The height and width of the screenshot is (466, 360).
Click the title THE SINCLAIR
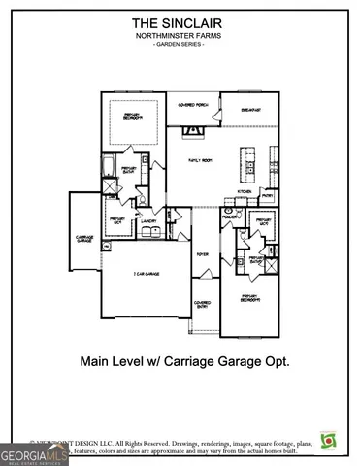pyautogui.click(x=180, y=21)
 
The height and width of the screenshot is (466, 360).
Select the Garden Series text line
pyautogui.click(x=180, y=45)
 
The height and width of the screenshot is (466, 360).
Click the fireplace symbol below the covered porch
pyautogui.click(x=189, y=130)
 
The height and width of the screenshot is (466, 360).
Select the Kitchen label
pyautogui.click(x=245, y=191)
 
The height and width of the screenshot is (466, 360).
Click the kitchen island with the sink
pyautogui.click(x=250, y=164)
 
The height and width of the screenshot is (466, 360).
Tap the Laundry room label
pyautogui.click(x=148, y=220)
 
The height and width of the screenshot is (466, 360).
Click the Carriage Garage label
pyautogui.click(x=84, y=238)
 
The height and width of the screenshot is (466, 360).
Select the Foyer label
pyautogui.click(x=203, y=254)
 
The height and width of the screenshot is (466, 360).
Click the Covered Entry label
pyautogui.click(x=203, y=304)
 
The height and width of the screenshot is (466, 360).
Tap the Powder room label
pyautogui.click(x=230, y=218)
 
